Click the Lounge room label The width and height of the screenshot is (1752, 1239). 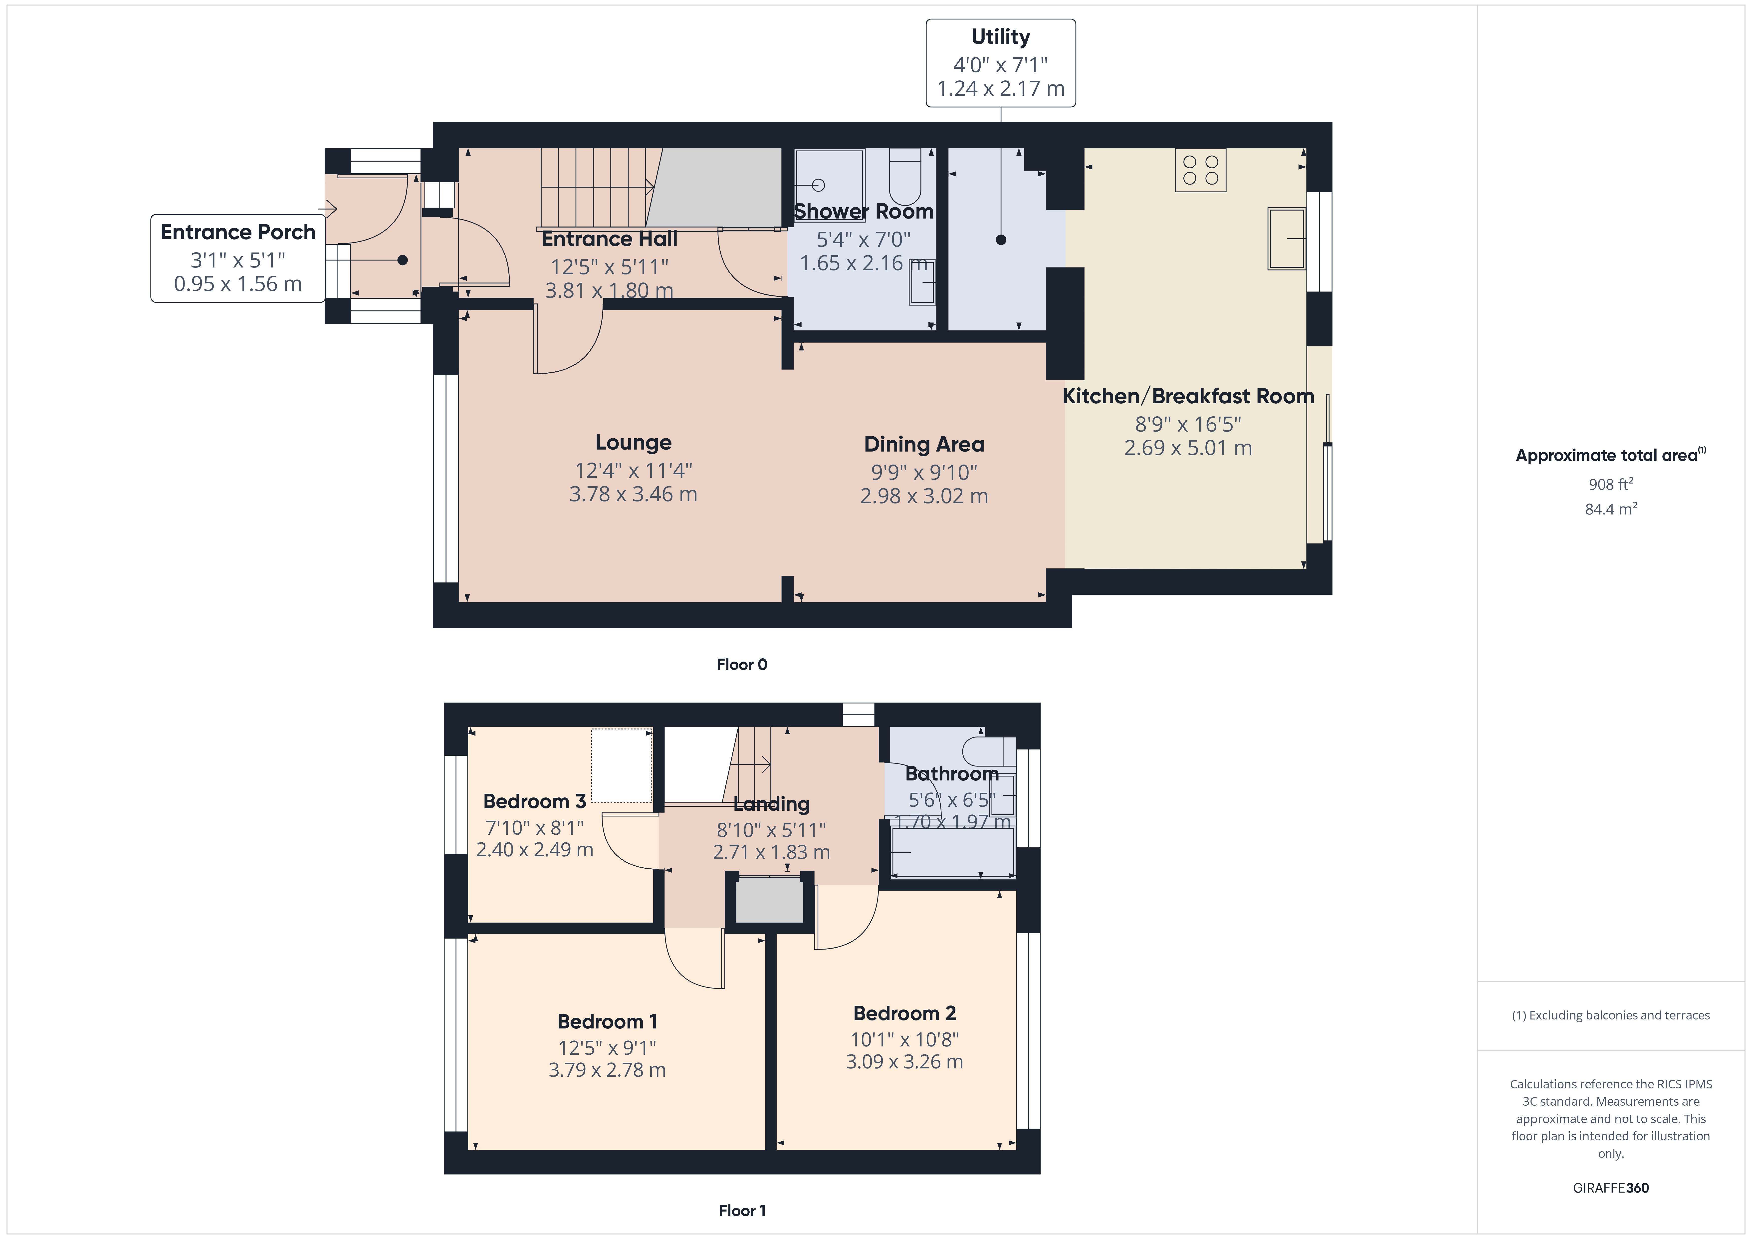pos(633,443)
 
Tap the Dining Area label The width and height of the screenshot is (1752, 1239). pos(924,444)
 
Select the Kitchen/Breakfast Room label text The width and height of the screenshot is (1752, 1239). pos(1188,396)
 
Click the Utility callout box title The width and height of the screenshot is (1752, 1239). pos(1000,37)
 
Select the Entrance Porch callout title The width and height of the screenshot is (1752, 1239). pos(238,232)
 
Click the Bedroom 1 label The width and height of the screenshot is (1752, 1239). pos(607,1021)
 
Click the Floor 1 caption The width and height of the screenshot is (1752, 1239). pos(742,1211)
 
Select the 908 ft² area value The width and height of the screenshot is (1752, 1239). pos(1611,484)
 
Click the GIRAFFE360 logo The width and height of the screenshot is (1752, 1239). pos(1611,1188)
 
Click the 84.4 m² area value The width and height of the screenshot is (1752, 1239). pos(1611,508)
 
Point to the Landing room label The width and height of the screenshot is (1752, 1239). pos(771,804)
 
